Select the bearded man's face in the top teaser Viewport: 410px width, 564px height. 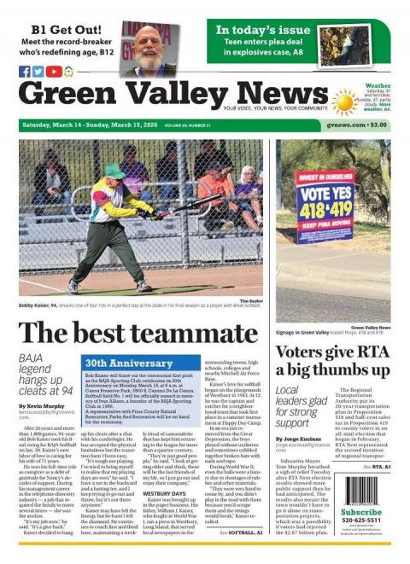point(148,38)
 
